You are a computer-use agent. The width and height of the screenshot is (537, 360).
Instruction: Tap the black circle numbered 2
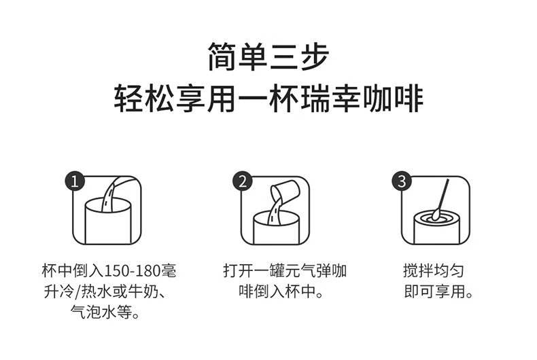(x=243, y=181)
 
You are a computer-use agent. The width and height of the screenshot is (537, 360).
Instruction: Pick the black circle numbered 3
(x=402, y=181)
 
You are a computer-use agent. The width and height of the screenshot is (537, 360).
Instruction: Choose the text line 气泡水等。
(x=105, y=314)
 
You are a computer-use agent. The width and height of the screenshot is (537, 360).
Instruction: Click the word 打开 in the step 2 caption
(x=235, y=271)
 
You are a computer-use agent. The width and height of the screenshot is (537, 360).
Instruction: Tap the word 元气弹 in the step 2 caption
(x=303, y=271)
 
